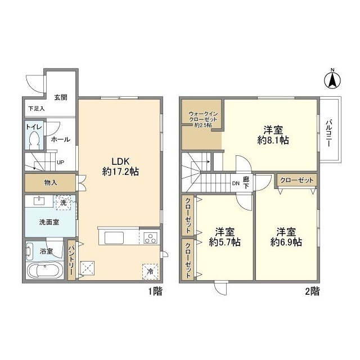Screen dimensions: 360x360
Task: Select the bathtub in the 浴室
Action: (45, 271)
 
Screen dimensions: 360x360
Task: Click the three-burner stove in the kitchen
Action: (150, 237)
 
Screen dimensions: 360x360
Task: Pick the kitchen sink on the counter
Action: (114, 237)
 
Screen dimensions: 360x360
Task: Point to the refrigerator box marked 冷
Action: (150, 272)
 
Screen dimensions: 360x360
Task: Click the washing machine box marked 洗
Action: (64, 202)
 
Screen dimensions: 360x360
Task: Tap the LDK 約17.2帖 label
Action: (120, 166)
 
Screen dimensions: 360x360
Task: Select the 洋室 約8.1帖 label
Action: (273, 135)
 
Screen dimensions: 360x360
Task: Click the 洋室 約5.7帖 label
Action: (225, 237)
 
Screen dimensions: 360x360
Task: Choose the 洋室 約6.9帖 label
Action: (286, 237)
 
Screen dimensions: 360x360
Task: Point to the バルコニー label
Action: (329, 133)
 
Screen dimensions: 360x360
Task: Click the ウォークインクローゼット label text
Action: (202, 119)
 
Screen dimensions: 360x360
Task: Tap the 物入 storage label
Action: (51, 183)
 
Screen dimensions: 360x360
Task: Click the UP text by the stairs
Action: (60, 163)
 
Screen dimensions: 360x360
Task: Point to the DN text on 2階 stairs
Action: (236, 183)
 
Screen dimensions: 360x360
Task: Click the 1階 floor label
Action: (155, 291)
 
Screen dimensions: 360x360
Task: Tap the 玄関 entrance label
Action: (61, 97)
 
